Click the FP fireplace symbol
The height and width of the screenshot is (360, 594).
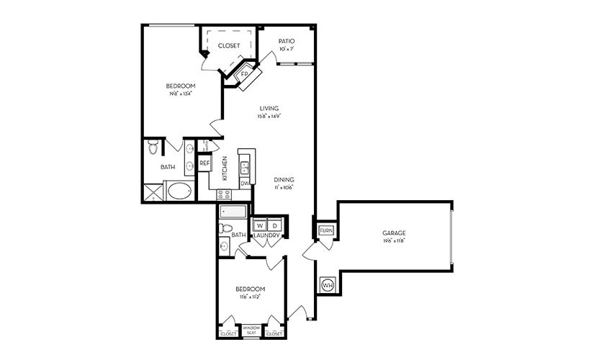pyautogui.click(x=243, y=75)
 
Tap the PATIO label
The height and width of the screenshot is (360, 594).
pyautogui.click(x=287, y=41)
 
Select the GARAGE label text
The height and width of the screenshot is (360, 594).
pyautogui.click(x=394, y=233)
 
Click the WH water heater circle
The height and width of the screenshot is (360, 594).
pyautogui.click(x=327, y=284)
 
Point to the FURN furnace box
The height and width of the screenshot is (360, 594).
pyautogui.click(x=325, y=230)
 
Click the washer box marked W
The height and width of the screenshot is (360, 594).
pyautogui.click(x=260, y=225)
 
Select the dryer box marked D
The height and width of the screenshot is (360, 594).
pyautogui.click(x=274, y=225)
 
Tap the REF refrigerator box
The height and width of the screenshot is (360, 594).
pyautogui.click(x=204, y=163)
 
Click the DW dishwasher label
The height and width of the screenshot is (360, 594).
pyautogui.click(x=244, y=184)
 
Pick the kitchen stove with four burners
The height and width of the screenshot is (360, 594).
pyautogui.click(x=224, y=194)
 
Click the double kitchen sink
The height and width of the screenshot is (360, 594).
pyautogui.click(x=245, y=168)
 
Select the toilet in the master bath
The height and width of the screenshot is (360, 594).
pyautogui.click(x=153, y=147)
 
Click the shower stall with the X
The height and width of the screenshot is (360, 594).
pyautogui.click(x=153, y=192)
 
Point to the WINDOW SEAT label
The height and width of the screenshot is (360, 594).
pyautogui.click(x=251, y=330)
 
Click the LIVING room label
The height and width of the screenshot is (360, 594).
pyautogui.click(x=269, y=108)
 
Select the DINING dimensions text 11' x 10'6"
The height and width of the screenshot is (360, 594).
pyautogui.click(x=284, y=187)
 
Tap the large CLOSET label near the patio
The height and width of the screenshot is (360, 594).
pyautogui.click(x=229, y=45)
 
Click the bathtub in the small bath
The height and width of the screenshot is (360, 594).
pyautogui.click(x=233, y=212)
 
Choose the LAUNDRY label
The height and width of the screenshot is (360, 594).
pyautogui.click(x=266, y=235)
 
